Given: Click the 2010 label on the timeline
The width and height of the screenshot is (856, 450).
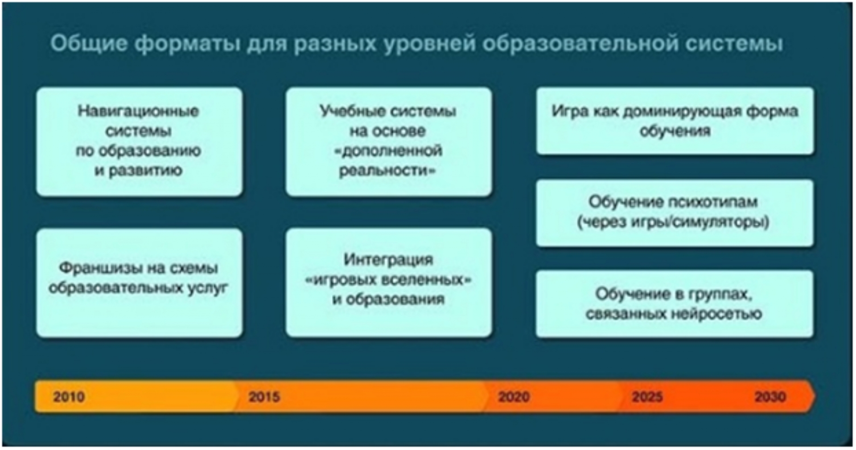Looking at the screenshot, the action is [69, 397].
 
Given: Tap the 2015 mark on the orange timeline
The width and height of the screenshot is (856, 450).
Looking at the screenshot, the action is [264, 397].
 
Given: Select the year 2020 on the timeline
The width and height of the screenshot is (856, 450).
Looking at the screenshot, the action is [514, 397].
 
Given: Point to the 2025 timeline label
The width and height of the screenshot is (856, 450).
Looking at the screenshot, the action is [647, 397].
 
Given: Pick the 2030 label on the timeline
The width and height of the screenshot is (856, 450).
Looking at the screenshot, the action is [770, 397].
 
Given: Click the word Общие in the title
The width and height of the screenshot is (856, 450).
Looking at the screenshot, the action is [89, 44].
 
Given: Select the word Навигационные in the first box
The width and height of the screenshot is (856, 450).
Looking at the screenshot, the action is [138, 111].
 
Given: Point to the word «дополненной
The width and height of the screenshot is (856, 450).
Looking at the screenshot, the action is [388, 151].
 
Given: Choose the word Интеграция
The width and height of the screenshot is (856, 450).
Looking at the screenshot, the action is [388, 260].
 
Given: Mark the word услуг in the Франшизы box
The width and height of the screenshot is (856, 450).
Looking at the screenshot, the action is [207, 288].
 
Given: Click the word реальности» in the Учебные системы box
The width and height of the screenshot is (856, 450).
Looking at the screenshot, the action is [387, 171].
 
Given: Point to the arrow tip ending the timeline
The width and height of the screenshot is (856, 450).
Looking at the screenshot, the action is [815, 396].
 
